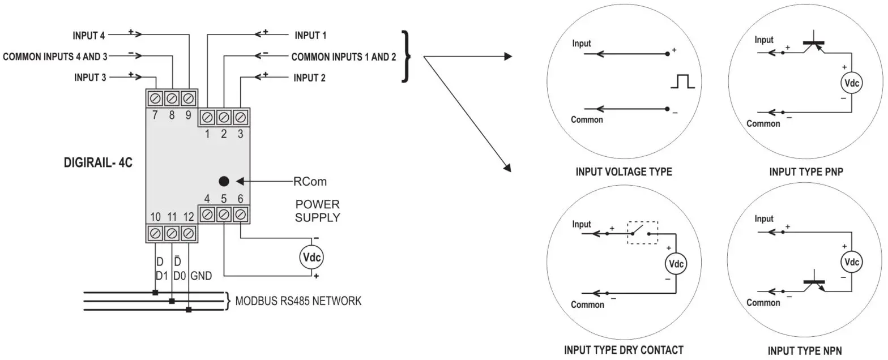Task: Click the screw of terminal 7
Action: click(155, 98)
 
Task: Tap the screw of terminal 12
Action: click(188, 233)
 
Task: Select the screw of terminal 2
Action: click(224, 117)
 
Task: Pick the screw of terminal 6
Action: click(240, 215)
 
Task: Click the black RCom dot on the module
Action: click(224, 181)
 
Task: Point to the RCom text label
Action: click(310, 181)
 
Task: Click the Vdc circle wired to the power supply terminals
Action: click(311, 257)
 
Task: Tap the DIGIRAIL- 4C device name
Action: click(98, 162)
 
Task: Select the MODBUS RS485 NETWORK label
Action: click(298, 301)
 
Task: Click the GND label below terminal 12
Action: click(201, 276)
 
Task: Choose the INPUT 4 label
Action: click(88, 36)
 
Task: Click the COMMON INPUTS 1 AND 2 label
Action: click(344, 57)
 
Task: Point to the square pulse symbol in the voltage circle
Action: click(682, 81)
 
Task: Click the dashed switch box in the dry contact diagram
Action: click(642, 233)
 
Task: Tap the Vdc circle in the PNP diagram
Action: click(851, 83)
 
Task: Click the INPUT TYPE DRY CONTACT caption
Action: click(624, 350)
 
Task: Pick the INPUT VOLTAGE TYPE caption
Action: click(624, 172)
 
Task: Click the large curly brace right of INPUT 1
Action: click(406, 56)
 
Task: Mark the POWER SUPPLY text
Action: click(318, 211)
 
